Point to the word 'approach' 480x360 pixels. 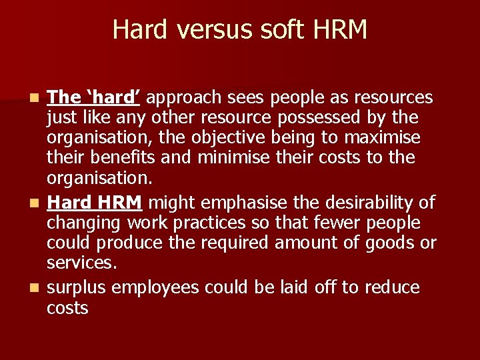click(x=183, y=98)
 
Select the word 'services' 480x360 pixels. click(x=81, y=263)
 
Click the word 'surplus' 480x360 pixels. click(x=77, y=288)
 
